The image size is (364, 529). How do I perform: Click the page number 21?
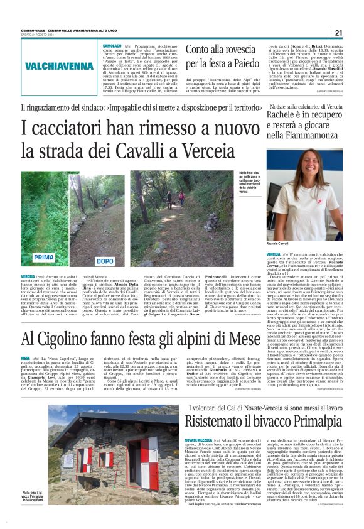click(338, 33)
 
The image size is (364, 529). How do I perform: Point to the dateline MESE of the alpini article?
click(26, 357)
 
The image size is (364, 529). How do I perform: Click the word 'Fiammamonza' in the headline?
click(297, 134)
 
